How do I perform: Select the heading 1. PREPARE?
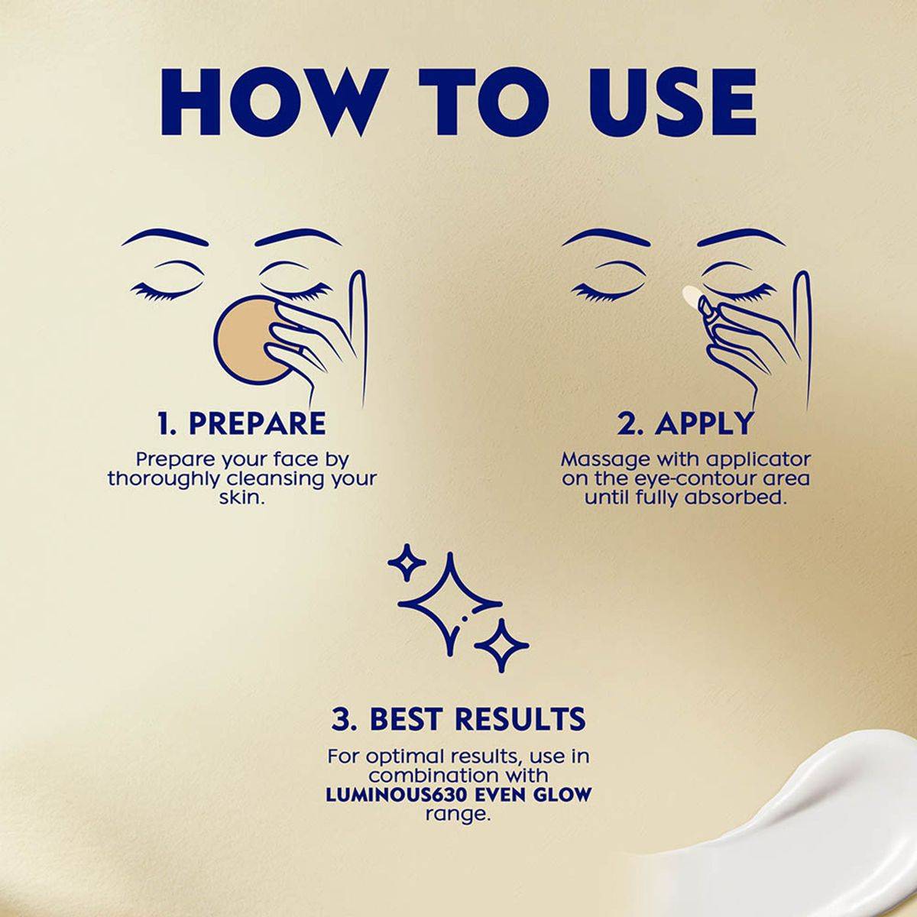click(x=241, y=423)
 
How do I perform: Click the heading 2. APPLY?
click(x=685, y=423)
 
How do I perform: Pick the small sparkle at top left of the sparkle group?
click(x=407, y=562)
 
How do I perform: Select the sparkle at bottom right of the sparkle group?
click(x=501, y=646)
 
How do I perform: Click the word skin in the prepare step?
click(x=241, y=497)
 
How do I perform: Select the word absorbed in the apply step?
click(x=743, y=497)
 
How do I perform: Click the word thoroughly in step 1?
click(x=164, y=479)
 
